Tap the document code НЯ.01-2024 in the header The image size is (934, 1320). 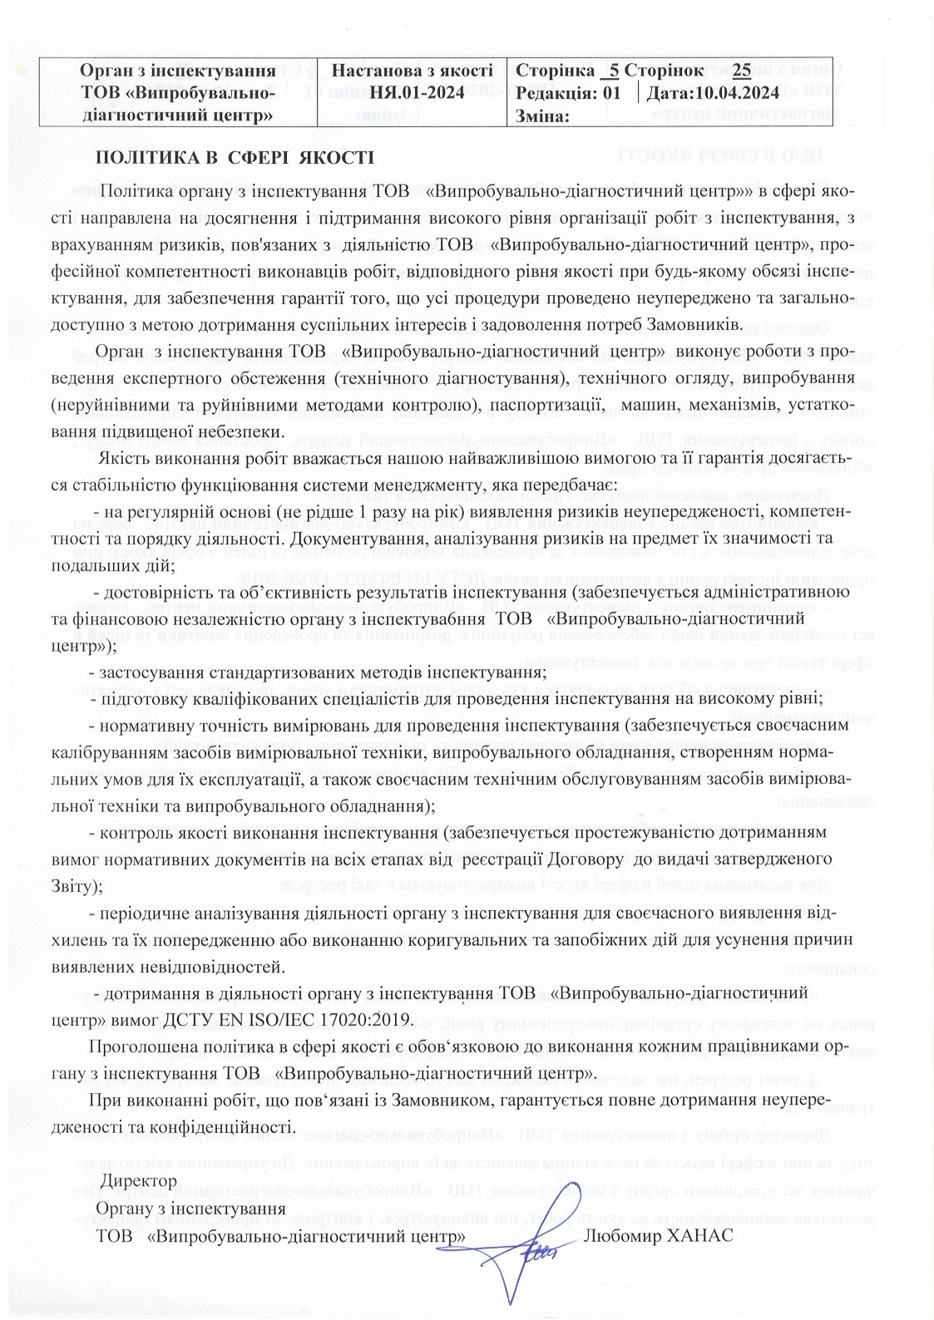pos(414,92)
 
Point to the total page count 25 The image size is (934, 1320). pos(742,71)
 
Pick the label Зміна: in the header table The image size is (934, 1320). pos(542,115)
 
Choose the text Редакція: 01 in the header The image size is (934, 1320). pos(567,92)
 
